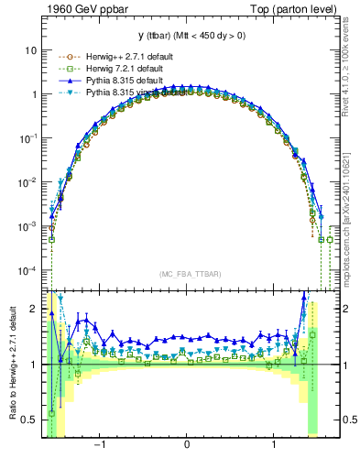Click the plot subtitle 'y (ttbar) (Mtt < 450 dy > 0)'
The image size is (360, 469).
pos(187,37)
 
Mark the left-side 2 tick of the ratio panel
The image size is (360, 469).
pos(34,309)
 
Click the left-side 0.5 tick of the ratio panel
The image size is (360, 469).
pos(30,420)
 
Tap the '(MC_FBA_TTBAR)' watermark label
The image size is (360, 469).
pos(187,275)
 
